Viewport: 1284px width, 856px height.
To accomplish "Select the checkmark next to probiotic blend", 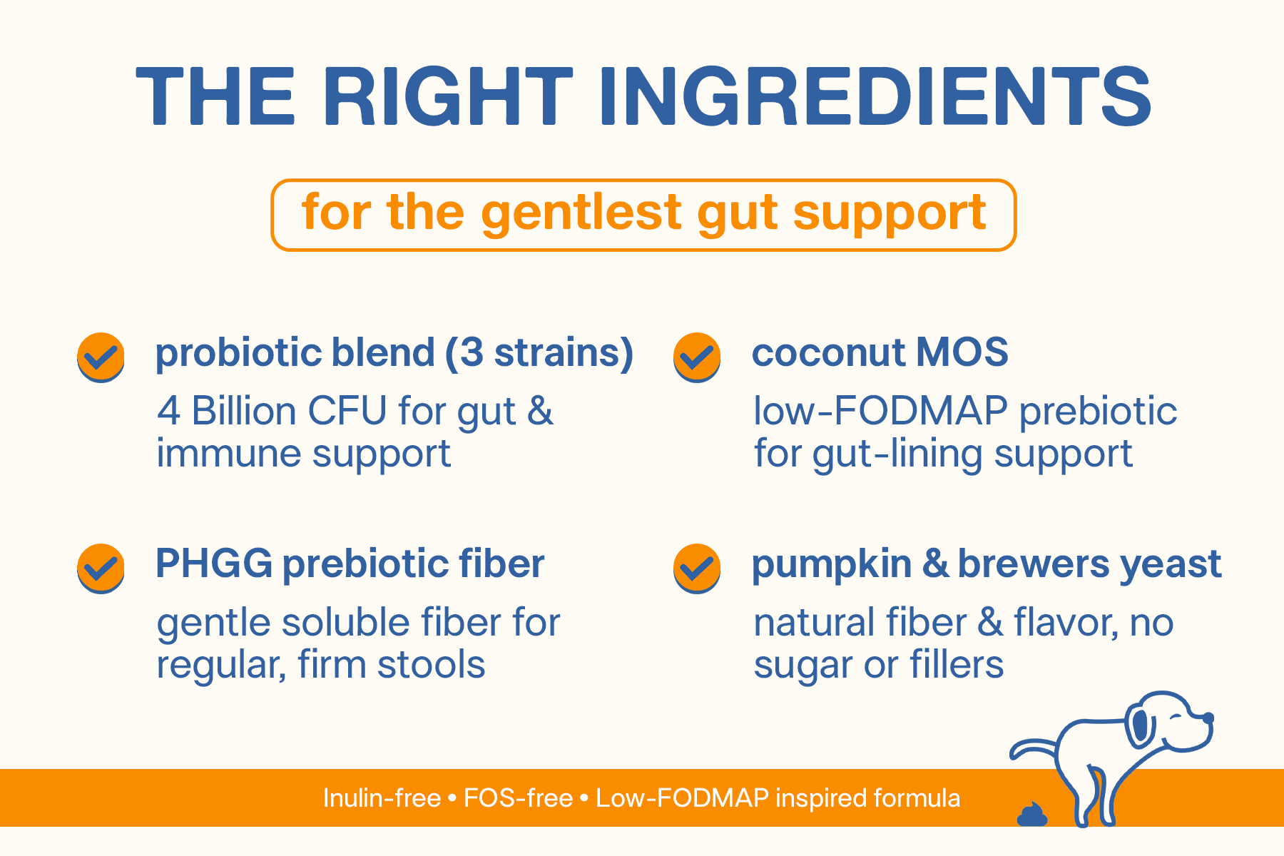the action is [x=101, y=357].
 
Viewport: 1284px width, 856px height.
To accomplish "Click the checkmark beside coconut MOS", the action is [x=697, y=357].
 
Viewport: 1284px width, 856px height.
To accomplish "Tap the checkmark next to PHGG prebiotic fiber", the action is [x=101, y=569].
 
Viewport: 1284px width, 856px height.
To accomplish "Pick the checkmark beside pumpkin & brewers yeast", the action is [x=697, y=569].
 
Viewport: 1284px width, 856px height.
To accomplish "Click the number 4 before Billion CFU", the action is [x=168, y=412].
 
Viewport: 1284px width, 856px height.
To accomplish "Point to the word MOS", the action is [x=962, y=352].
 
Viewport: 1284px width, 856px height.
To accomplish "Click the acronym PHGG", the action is [x=214, y=564].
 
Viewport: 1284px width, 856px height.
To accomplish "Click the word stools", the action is [x=431, y=665].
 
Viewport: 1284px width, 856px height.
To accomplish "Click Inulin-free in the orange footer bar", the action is [x=382, y=798].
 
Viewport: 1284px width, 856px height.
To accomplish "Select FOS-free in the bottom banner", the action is [x=518, y=798].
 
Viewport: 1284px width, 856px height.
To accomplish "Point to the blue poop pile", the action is [x=1032, y=814].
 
